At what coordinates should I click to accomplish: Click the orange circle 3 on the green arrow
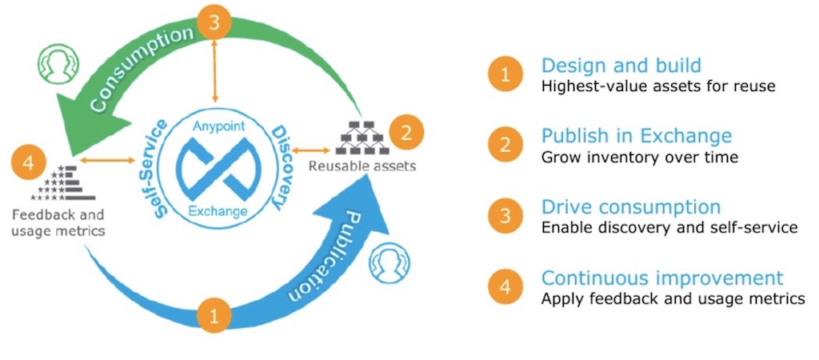coord(214,23)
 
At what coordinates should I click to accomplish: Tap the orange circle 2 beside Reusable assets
coord(406,130)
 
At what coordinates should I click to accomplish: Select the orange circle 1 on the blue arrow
coord(214,316)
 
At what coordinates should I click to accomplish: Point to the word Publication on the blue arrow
coord(320,255)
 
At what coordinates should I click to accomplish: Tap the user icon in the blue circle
coord(389,262)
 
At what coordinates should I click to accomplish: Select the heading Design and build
coord(621,66)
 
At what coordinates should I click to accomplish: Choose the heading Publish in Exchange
coord(636,135)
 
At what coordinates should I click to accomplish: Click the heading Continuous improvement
coord(661,278)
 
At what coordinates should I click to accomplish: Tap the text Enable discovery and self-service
coord(669,228)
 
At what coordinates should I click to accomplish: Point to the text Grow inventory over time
coord(639,158)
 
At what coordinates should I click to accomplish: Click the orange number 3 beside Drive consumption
coord(505,216)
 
